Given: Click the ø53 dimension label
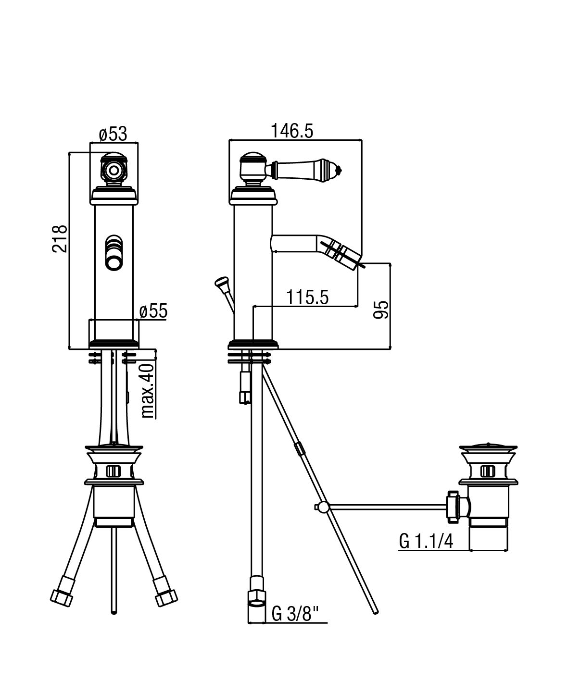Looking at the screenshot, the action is coord(113,134).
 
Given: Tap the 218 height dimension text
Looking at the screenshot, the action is coord(60,238).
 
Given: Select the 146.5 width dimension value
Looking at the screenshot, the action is coord(292,131).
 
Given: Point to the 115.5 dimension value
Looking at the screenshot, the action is coord(307,297).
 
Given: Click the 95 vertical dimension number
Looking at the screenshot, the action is coord(381,310).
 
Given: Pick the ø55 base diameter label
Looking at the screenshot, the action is coord(153,311).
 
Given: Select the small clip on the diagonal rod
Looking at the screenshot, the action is coord(299,448).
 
